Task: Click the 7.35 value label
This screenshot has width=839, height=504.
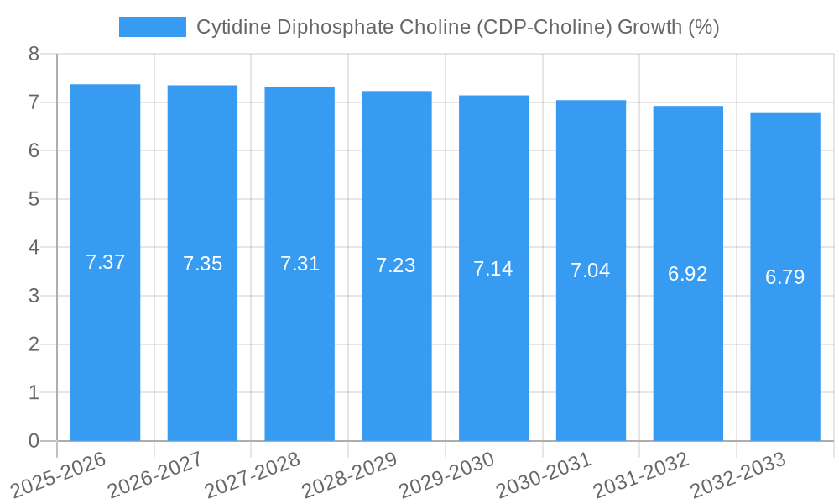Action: click(x=202, y=264)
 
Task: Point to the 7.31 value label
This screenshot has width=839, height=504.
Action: click(x=300, y=264)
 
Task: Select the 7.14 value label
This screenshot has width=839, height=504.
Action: click(x=493, y=269)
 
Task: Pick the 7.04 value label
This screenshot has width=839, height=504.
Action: click(x=591, y=270)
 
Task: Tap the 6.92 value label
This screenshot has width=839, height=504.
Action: click(x=688, y=274)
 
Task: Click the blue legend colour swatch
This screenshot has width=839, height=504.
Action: click(x=152, y=27)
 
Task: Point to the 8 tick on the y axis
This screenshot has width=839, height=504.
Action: click(x=34, y=54)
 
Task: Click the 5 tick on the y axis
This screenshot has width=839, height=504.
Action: click(x=34, y=199)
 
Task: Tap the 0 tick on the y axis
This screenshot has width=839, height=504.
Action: click(x=34, y=441)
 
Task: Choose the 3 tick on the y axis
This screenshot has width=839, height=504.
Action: click(x=34, y=296)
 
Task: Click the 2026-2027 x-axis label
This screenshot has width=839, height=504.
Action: click(x=155, y=475)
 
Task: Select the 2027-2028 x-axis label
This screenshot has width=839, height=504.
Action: click(x=253, y=475)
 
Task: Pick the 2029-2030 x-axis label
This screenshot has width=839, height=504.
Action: click(x=446, y=475)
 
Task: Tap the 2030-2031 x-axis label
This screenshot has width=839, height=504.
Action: click(x=544, y=475)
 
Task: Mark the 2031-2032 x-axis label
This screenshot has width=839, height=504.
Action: click(x=641, y=475)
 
